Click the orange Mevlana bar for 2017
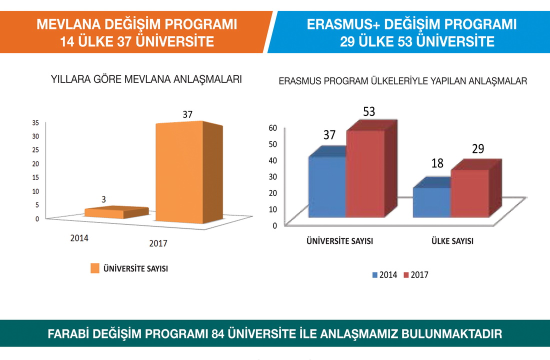pos(179,172)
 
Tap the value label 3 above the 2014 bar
pos(103,199)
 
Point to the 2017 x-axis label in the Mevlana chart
pos(158,243)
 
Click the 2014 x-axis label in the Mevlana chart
pos(79,238)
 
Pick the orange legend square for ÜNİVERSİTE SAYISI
pos(95,268)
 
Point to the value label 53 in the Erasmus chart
pos(369,111)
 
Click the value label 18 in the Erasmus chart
pos(437,163)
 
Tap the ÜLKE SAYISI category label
pos(452,241)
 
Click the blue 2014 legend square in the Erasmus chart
pos(375,275)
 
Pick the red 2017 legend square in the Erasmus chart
pos(406,275)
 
